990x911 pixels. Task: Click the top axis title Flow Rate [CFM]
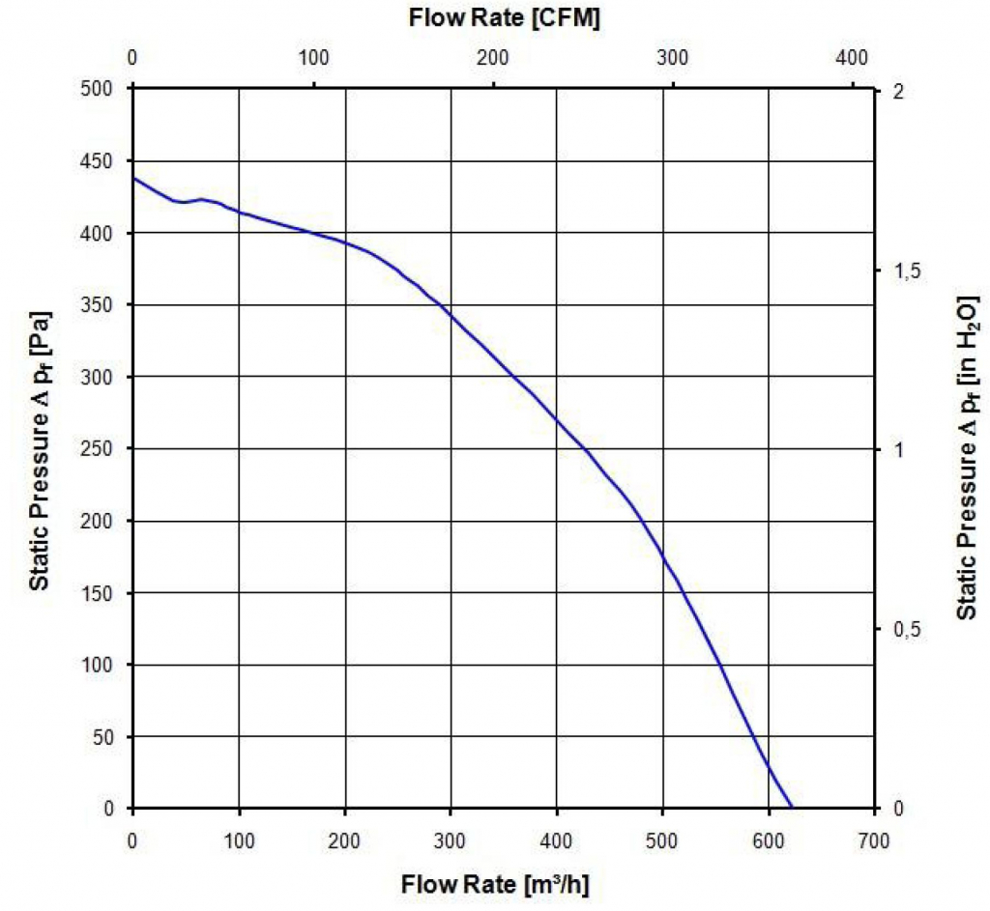click(504, 18)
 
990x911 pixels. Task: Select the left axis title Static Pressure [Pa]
click(40, 449)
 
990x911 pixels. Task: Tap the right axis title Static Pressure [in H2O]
click(968, 449)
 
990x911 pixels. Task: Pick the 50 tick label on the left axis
click(105, 736)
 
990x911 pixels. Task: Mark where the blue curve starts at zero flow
click(133, 178)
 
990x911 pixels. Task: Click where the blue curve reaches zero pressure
click(792, 808)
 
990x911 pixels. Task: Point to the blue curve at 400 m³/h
click(557, 419)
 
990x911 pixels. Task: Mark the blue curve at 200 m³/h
click(345, 242)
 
